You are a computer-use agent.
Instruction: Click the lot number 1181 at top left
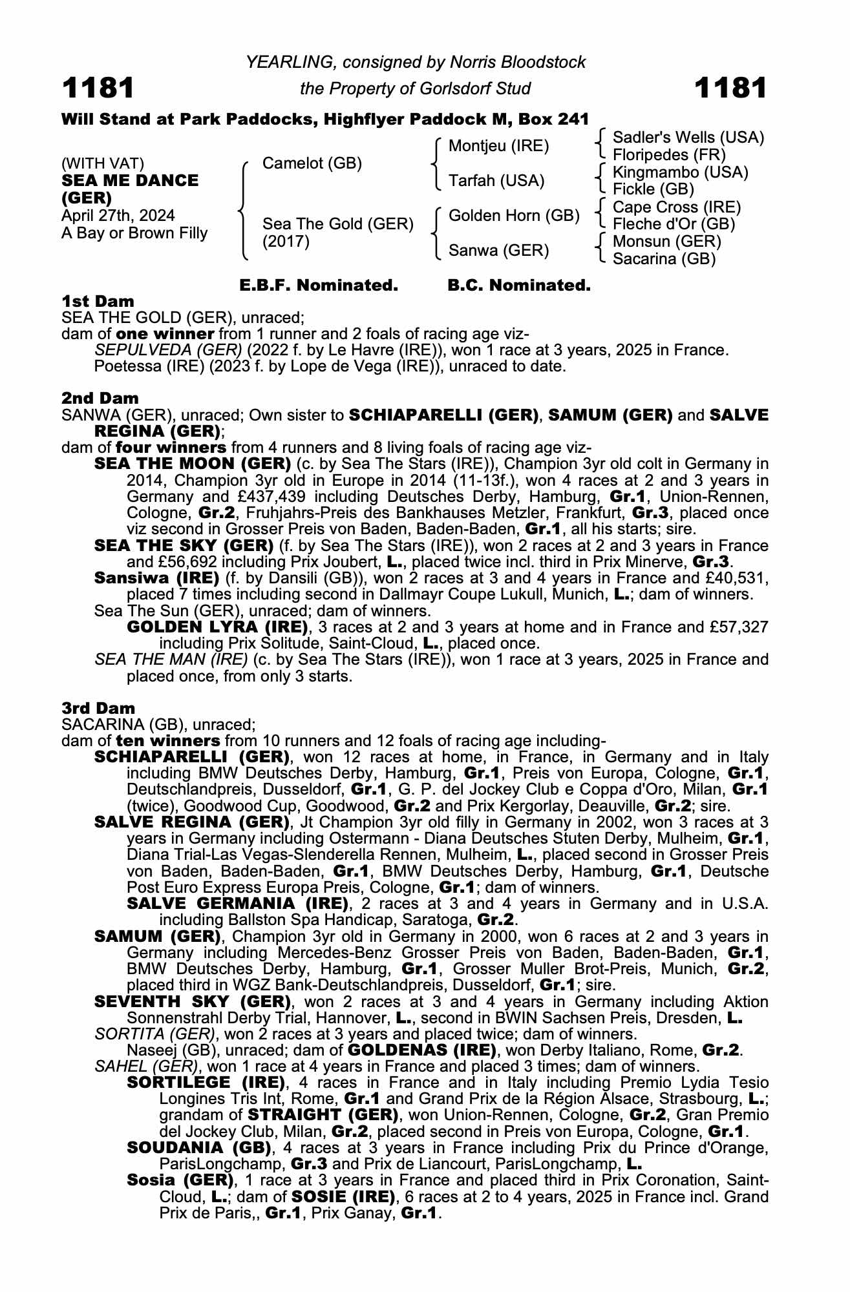pos(98,88)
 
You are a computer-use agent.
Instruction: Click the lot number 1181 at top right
pos(730,88)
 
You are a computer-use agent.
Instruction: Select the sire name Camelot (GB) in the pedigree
pos(312,163)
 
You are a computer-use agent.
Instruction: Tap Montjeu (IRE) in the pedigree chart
pos(498,146)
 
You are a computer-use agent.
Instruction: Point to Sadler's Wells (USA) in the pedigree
pos(688,138)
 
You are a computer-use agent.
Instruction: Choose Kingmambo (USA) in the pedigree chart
pos(680,172)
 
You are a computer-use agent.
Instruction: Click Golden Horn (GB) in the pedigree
pos(513,216)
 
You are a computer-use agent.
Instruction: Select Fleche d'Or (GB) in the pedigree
pos(674,224)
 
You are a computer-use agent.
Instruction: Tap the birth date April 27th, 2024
pos(118,216)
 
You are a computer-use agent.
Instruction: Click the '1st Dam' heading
pos(98,301)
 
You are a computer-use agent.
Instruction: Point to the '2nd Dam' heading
pos(100,398)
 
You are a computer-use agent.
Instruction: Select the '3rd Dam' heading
pos(99,708)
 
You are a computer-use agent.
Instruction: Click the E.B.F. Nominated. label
pos(319,286)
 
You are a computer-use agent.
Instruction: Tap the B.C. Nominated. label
pos(519,286)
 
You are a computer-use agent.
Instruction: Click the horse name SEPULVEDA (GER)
pos(168,350)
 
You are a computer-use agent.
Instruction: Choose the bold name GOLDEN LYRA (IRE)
pos(217,627)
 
